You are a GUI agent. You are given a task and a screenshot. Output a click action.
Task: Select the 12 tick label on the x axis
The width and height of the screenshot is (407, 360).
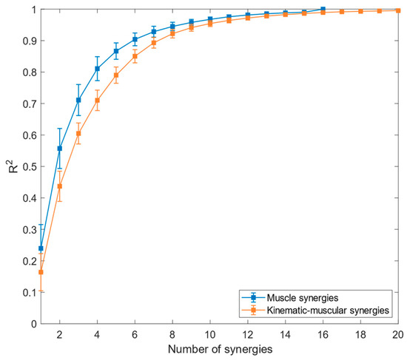point(249,334)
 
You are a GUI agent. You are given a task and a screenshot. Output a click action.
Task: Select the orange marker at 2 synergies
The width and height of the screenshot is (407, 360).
point(60,186)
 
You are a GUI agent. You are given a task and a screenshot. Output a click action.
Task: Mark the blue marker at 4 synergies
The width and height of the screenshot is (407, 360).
point(98,69)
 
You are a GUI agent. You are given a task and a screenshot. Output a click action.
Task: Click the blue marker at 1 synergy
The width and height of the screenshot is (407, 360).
point(41,248)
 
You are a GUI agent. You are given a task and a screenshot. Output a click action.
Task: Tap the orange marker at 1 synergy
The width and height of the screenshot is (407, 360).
point(41,272)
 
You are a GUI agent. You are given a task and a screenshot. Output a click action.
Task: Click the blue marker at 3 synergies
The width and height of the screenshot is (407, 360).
point(78,101)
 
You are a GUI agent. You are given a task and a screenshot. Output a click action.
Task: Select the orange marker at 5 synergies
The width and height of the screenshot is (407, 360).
point(116,75)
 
